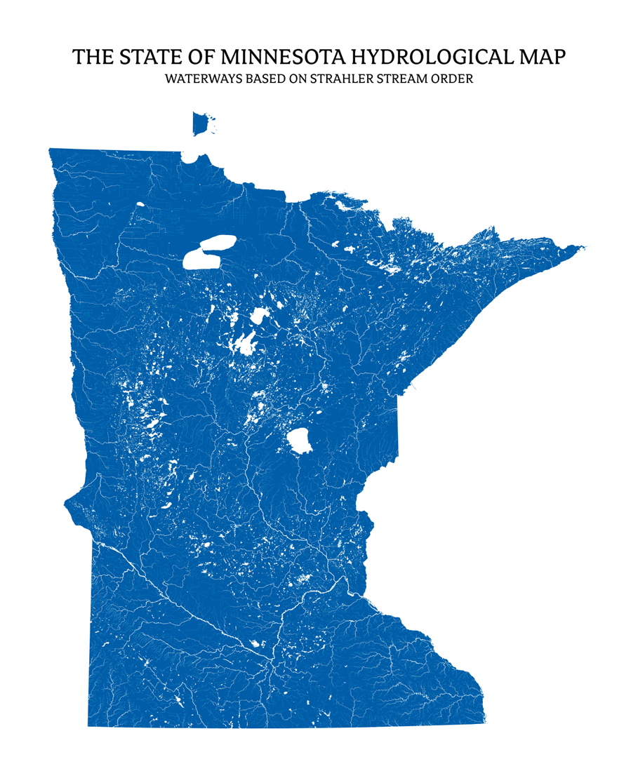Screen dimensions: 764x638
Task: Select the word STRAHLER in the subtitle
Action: [343, 79]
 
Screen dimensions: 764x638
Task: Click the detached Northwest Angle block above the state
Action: [202, 123]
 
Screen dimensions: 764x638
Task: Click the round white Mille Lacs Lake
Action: [300, 441]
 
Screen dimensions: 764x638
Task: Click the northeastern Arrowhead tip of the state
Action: [581, 247]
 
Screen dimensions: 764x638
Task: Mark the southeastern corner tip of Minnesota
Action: [484, 720]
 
